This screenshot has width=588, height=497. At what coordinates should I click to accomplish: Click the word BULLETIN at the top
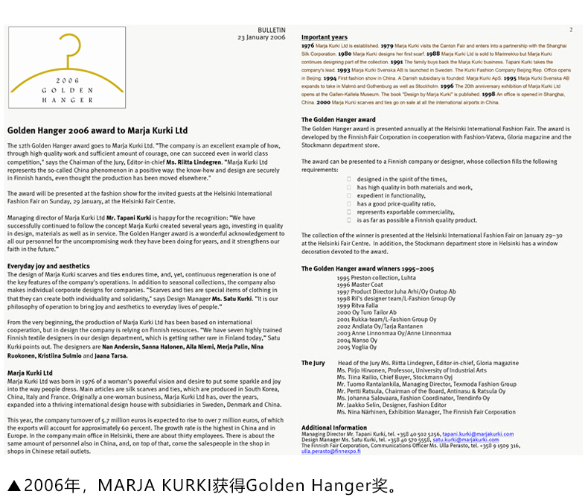(271, 30)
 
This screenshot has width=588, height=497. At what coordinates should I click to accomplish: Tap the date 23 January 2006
(261, 37)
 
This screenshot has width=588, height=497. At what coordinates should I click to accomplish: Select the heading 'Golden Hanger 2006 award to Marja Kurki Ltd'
(98, 130)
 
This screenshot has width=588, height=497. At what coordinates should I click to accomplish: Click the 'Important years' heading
(324, 37)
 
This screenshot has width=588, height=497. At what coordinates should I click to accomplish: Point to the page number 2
(571, 30)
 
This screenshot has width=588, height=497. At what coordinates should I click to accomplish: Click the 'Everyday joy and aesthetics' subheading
(48, 266)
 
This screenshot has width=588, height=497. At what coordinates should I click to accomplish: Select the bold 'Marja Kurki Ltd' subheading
(30, 373)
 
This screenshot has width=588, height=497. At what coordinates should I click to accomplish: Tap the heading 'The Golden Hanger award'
(338, 120)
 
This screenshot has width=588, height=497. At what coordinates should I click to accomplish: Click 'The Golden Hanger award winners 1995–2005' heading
(368, 268)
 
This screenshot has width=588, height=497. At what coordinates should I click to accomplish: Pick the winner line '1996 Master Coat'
(359, 285)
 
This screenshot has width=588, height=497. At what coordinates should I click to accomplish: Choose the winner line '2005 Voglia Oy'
(357, 347)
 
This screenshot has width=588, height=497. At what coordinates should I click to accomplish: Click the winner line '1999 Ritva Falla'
(357, 306)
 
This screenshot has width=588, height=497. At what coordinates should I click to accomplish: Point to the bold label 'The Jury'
(313, 363)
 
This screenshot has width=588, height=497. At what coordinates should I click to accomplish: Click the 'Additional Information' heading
(333, 428)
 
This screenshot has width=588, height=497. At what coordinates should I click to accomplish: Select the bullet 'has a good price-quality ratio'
(396, 203)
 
